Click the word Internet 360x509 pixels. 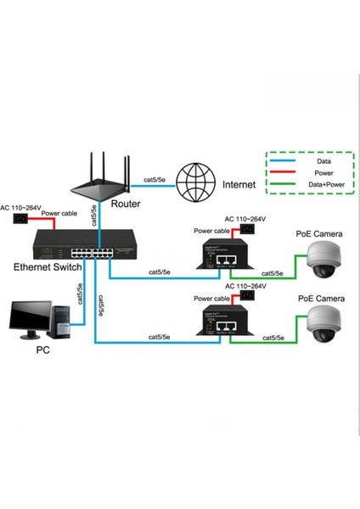click(240, 182)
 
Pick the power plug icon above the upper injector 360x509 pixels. click(248, 228)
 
